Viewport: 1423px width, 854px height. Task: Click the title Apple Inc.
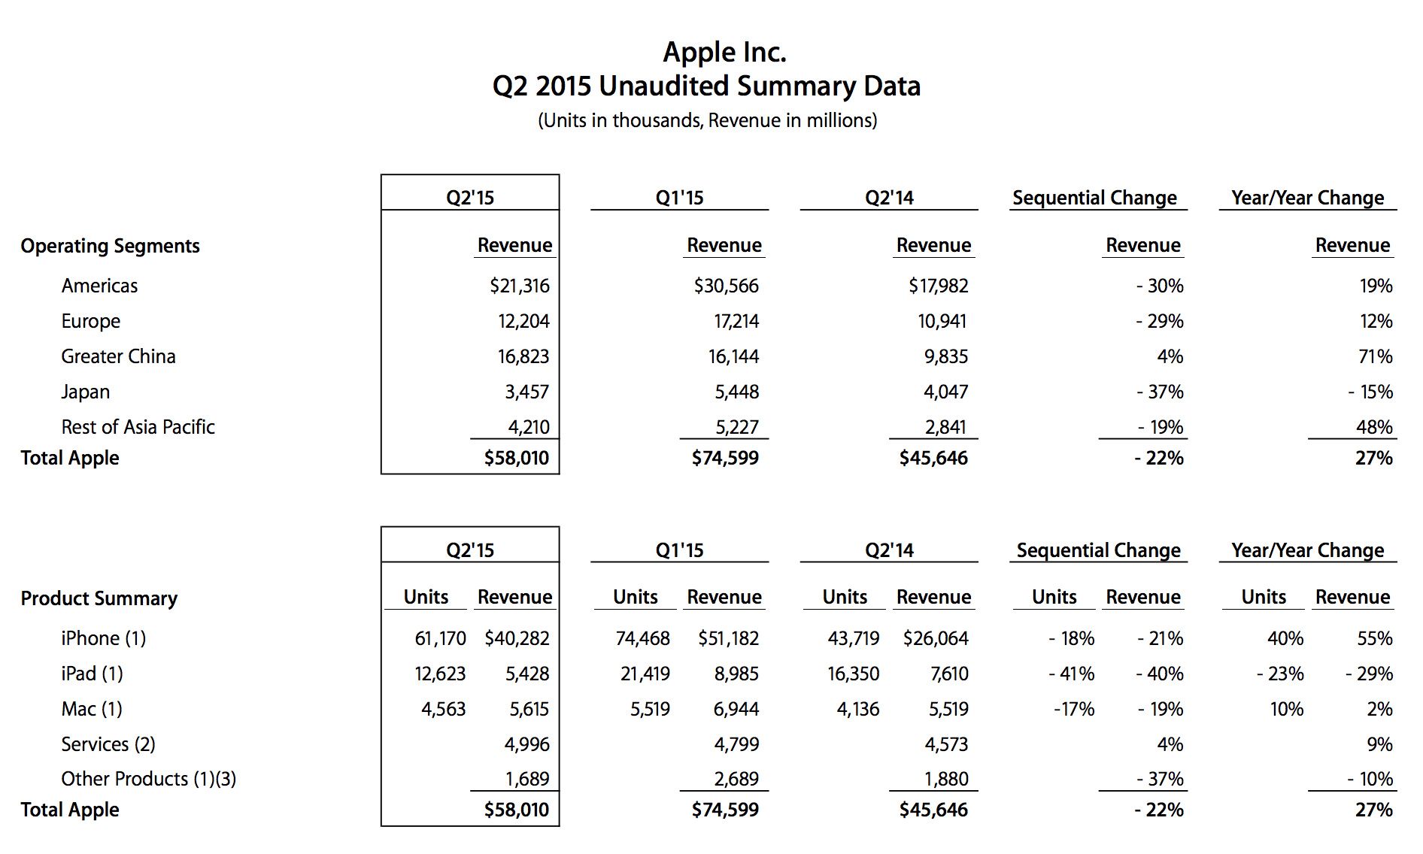tap(724, 53)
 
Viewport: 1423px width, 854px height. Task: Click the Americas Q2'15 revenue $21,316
tap(520, 286)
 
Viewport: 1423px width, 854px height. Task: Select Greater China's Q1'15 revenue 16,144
tap(733, 356)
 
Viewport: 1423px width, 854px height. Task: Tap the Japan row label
tap(86, 392)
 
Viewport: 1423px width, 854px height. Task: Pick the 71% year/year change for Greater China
tap(1376, 356)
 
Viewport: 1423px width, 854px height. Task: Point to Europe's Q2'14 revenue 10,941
tap(942, 321)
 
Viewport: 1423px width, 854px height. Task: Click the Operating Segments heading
tap(111, 247)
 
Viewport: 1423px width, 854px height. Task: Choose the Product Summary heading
tap(99, 598)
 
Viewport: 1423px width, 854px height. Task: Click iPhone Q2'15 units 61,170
tap(441, 638)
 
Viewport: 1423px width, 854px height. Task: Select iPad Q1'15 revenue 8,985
tap(736, 674)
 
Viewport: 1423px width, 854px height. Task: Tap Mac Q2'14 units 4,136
tap(858, 709)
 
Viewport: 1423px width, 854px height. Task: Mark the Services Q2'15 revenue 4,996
tap(527, 744)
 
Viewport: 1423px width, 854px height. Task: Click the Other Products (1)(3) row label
tap(149, 779)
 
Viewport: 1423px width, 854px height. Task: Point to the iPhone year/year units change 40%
tap(1285, 638)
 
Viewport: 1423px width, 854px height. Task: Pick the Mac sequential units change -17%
tap(1074, 709)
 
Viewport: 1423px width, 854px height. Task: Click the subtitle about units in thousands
tap(708, 121)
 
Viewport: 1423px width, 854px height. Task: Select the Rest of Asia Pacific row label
tap(138, 427)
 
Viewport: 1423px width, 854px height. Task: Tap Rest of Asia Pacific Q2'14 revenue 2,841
tap(945, 427)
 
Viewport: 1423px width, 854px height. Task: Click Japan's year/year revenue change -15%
tap(1370, 392)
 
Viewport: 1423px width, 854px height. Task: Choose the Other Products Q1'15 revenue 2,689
tap(736, 779)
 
